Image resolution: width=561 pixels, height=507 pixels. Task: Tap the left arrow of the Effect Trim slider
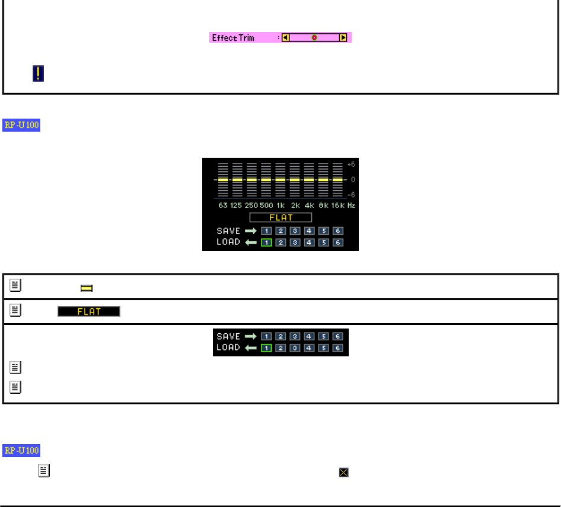tap(286, 37)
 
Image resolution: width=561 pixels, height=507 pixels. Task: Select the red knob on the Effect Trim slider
tap(314, 37)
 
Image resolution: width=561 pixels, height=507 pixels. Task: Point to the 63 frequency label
tap(223, 205)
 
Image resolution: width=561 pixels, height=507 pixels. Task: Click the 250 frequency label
tap(251, 205)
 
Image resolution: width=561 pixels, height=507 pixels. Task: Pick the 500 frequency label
tap(266, 205)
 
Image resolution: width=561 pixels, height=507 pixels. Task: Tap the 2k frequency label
tap(295, 205)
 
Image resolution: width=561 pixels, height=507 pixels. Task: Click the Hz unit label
tap(351, 205)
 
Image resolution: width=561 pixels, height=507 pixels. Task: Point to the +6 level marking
tap(351, 164)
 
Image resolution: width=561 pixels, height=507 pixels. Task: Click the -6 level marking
tap(351, 194)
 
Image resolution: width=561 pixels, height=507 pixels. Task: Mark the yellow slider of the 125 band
tap(237, 179)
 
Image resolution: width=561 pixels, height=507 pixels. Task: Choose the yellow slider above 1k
tap(280, 179)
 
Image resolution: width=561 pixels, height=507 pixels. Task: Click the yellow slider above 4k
tap(309, 179)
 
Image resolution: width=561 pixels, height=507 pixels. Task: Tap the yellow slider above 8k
tap(323, 179)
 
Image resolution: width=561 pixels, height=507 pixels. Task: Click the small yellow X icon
tap(343, 473)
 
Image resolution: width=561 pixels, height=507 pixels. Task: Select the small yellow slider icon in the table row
tap(86, 288)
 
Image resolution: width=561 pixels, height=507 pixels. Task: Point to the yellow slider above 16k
tap(337, 179)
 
